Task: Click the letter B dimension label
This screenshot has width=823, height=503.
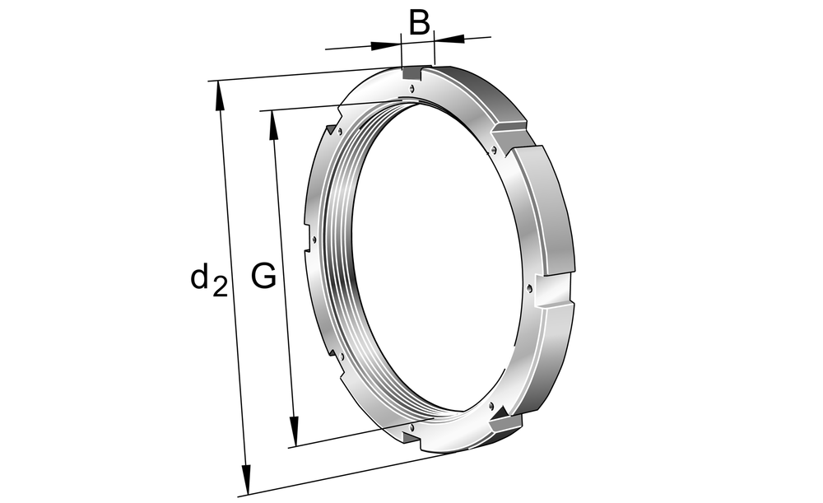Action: pos(420,23)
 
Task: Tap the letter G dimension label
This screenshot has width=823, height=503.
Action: pos(263,276)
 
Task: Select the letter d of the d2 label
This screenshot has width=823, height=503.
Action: pos(200,277)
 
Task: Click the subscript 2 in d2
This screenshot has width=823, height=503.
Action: pos(220,287)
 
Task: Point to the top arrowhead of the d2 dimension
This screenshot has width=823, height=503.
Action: pos(220,96)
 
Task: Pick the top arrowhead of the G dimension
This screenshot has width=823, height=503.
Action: pos(273,125)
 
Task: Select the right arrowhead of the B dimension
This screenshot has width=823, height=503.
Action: pos(449,38)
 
